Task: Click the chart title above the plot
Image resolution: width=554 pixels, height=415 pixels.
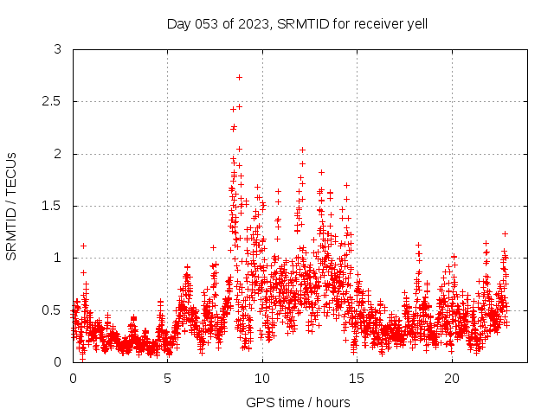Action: click(297, 23)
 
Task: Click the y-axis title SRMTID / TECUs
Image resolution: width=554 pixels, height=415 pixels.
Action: click(12, 206)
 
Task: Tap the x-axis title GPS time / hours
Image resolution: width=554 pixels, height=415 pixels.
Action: click(297, 402)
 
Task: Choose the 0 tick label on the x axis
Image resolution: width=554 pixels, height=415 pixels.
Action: click(73, 379)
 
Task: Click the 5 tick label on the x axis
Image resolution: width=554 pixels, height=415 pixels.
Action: click(167, 379)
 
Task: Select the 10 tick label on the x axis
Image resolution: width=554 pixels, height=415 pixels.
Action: click(262, 379)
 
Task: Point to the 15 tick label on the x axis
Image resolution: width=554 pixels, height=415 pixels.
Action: click(357, 379)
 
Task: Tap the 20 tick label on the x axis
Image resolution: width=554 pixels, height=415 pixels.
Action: click(452, 379)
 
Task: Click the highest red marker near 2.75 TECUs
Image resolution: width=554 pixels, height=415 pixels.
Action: click(239, 77)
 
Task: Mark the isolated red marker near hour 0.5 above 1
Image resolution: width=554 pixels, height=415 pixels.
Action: click(83, 246)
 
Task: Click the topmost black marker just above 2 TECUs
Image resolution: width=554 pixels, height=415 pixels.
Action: click(302, 150)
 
